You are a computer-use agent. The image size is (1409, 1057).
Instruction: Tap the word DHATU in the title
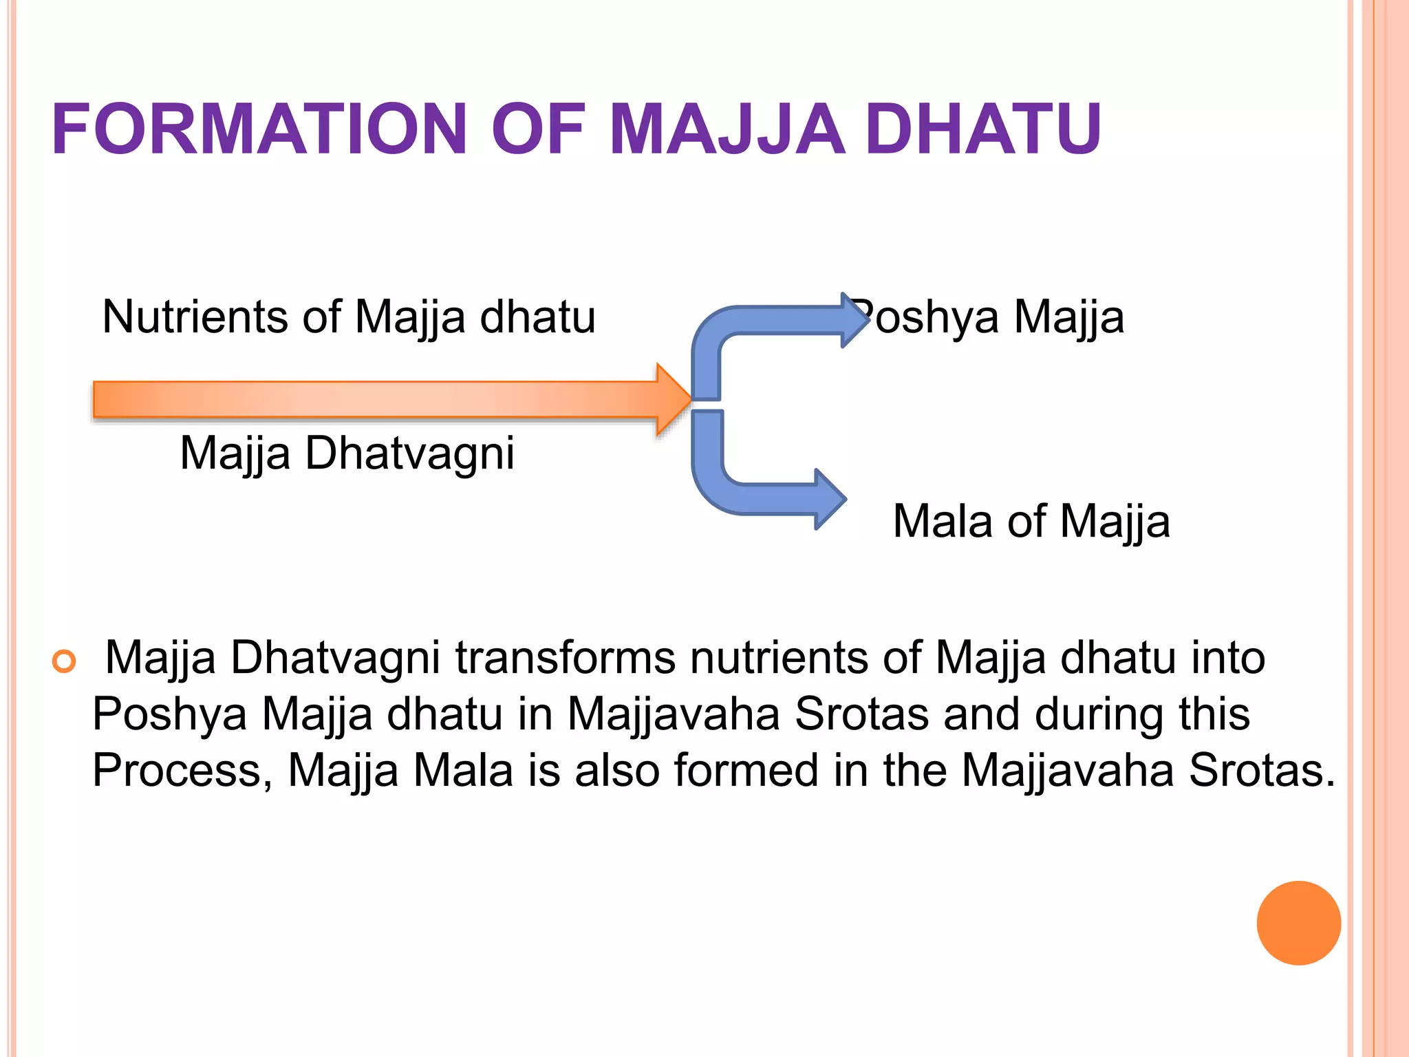(983, 129)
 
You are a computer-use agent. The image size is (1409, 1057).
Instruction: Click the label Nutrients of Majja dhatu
(349, 317)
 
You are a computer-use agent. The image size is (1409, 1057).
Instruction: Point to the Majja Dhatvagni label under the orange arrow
(347, 453)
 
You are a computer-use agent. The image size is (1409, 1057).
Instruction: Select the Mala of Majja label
(1031, 521)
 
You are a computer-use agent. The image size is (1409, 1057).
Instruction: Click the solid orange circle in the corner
(1298, 923)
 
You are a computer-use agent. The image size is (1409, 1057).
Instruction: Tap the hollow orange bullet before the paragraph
(64, 661)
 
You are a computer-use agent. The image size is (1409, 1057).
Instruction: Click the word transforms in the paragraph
(565, 658)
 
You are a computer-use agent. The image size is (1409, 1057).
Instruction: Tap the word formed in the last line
(746, 770)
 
